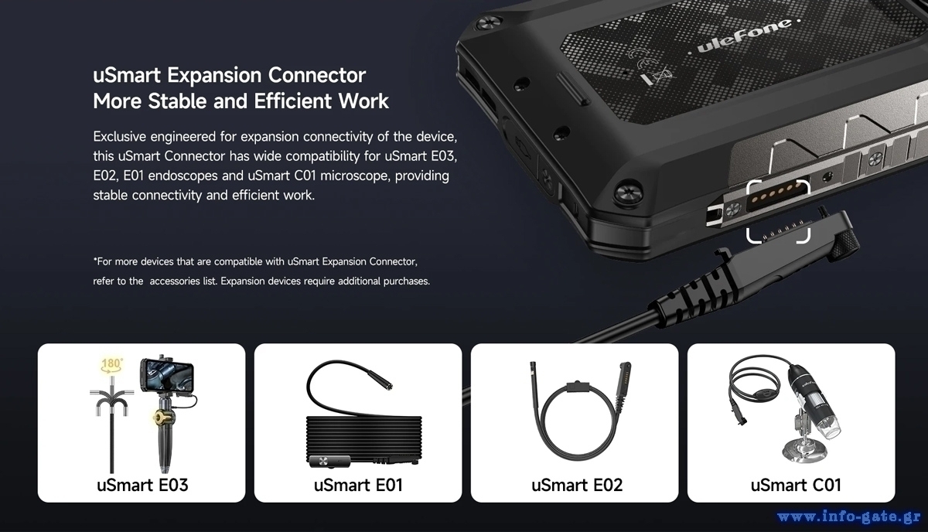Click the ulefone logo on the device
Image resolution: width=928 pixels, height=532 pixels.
(x=745, y=36)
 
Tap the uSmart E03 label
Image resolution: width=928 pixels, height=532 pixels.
(x=142, y=485)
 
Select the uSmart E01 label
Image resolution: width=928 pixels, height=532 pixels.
(x=358, y=485)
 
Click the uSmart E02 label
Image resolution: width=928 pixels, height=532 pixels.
(x=577, y=485)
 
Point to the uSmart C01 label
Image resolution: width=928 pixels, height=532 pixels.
(x=796, y=485)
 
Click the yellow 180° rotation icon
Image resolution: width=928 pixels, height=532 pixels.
(x=112, y=365)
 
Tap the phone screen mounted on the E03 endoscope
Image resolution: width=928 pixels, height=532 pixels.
(x=169, y=377)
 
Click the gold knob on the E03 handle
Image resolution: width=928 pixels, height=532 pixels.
(x=161, y=418)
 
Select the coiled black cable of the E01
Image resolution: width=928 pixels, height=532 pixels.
(x=363, y=439)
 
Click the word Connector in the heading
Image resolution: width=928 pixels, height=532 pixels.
(x=317, y=76)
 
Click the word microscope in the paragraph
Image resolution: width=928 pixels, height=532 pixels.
(x=355, y=176)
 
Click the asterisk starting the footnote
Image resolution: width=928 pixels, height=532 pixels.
(x=95, y=260)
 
